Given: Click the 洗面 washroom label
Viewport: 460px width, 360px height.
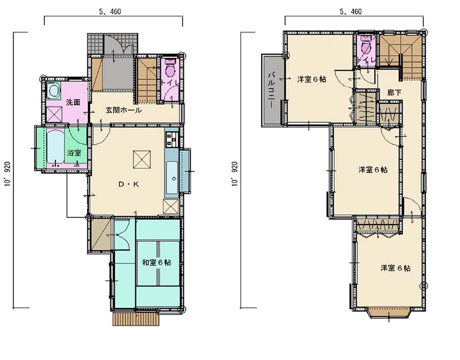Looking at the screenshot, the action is point(73,102).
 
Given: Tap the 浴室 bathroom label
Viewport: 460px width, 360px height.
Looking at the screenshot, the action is point(74,152).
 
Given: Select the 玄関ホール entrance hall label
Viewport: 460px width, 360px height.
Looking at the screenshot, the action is point(124,110).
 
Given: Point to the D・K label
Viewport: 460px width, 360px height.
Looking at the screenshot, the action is point(128,184).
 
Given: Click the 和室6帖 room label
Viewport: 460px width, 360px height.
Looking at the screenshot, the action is point(157,262).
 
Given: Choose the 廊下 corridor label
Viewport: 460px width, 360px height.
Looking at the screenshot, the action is point(394,93).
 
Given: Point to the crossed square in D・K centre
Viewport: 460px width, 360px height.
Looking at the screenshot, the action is point(142,160).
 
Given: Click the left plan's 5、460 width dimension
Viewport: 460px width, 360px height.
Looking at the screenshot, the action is point(110,12).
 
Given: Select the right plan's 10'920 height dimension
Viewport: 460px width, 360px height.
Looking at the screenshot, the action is point(235,174).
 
